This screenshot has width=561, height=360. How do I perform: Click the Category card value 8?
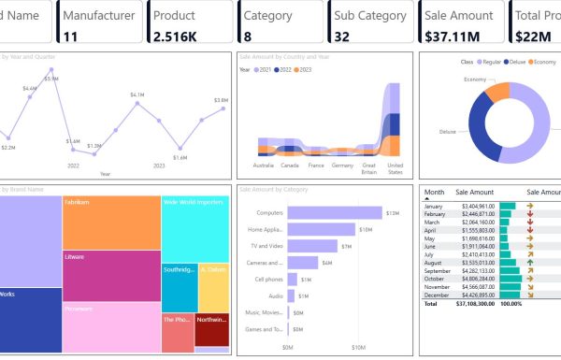(x=248, y=36)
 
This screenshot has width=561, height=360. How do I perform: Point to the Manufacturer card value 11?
(x=71, y=36)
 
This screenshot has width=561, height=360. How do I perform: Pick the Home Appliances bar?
(x=322, y=229)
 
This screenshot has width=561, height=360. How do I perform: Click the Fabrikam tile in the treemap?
(x=111, y=223)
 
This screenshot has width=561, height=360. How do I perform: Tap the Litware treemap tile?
(x=111, y=276)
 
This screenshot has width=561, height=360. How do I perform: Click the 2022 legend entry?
(x=278, y=70)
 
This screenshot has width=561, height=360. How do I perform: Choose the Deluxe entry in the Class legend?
(x=516, y=62)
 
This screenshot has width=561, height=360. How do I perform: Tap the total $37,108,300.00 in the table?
(x=477, y=304)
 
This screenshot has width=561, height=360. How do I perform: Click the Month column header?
(x=434, y=191)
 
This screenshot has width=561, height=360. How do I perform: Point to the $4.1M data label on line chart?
(x=137, y=94)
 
